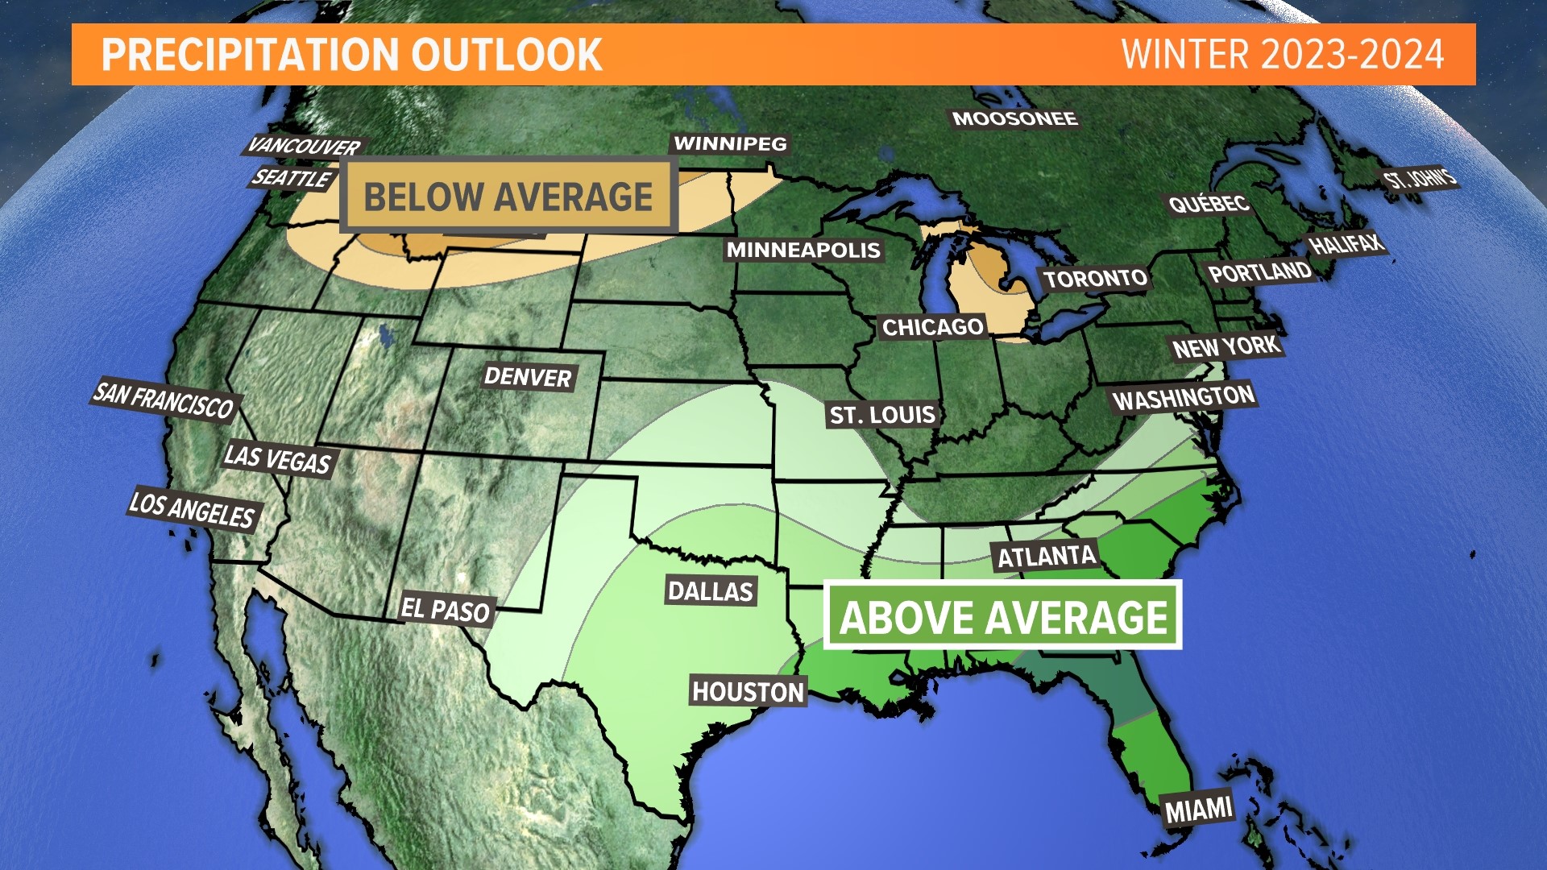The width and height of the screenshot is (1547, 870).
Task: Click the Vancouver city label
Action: point(304,147)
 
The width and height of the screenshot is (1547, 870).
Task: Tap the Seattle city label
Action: point(291,178)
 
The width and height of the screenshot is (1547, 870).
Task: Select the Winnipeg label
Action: point(730,144)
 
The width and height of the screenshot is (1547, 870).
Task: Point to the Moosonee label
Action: point(1014,119)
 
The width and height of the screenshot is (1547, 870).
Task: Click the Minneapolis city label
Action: point(803,251)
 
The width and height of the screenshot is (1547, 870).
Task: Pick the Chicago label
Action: point(932,327)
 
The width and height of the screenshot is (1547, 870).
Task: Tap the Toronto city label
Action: point(1095,279)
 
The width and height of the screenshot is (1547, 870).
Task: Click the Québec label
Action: point(1209,204)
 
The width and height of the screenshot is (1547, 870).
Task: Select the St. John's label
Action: point(1420,179)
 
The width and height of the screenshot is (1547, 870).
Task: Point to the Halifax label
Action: point(1345,244)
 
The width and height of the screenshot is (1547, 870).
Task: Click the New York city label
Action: point(1226,347)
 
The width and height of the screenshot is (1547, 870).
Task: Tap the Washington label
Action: point(1183,397)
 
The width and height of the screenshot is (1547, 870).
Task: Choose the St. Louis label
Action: point(882,416)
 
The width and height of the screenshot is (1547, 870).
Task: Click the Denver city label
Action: point(528,377)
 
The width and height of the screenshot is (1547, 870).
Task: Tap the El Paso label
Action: point(446,609)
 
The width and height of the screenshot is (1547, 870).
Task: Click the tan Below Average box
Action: point(508,197)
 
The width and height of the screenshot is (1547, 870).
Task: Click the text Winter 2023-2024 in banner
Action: point(1282,55)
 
